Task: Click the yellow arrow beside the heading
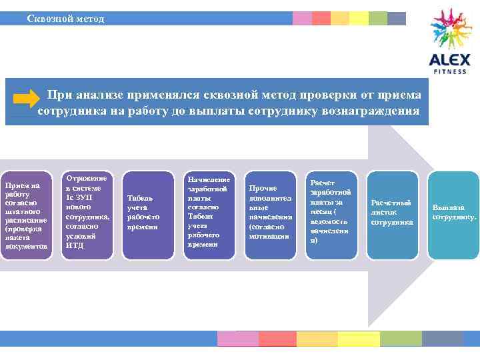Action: (x=26, y=99)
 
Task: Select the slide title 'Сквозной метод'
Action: (x=65, y=18)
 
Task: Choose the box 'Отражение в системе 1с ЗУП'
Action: (x=87, y=211)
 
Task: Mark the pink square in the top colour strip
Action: (x=302, y=18)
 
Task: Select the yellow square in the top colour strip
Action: (x=359, y=18)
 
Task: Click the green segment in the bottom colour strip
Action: (x=401, y=339)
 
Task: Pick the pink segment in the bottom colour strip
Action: (x=238, y=339)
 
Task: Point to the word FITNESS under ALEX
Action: (x=450, y=71)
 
